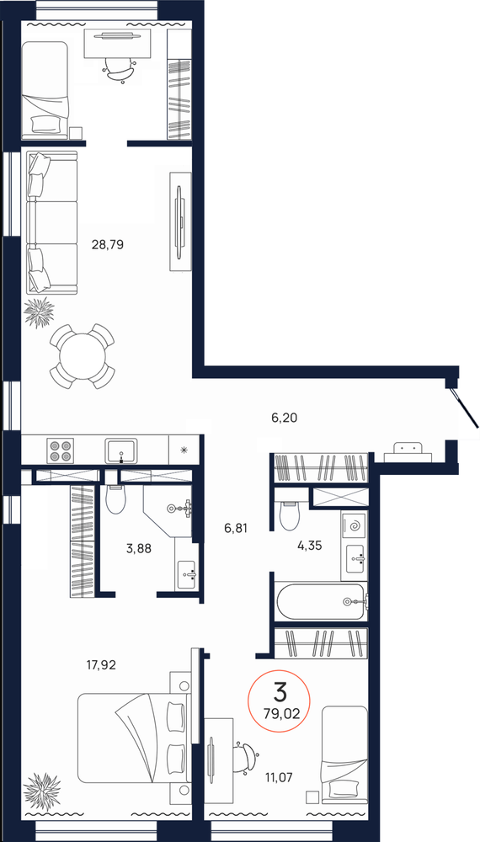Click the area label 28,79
click(107, 246)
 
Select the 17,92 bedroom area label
click(100, 664)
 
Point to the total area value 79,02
click(280, 713)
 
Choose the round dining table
click(81, 356)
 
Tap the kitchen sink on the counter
click(123, 450)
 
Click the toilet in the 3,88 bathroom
click(116, 500)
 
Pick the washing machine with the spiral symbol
click(355, 527)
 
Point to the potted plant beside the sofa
click(39, 312)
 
